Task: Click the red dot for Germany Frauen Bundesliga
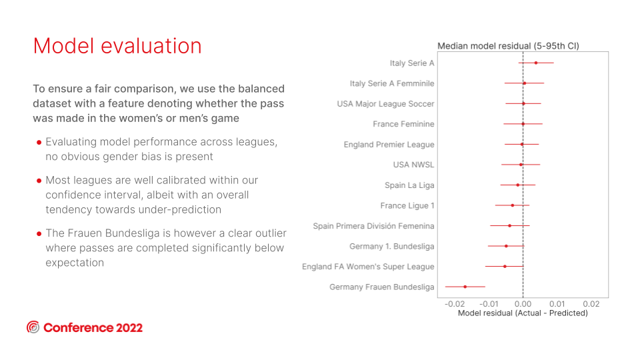click(x=465, y=287)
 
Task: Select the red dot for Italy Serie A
click(x=536, y=63)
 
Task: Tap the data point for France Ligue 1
click(x=513, y=205)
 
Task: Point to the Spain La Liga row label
click(x=409, y=185)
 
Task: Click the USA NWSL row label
click(x=413, y=165)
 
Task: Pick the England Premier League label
click(x=389, y=145)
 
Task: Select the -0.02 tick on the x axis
click(x=454, y=304)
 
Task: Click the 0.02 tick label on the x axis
click(x=591, y=304)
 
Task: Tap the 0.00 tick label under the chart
click(x=523, y=304)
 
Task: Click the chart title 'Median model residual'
click(x=508, y=46)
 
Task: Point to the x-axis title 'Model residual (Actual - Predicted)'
click(x=523, y=313)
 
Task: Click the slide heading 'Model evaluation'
click(x=117, y=46)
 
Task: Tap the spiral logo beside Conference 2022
click(x=33, y=327)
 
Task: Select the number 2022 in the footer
click(x=129, y=328)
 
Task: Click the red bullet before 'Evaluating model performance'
click(x=39, y=143)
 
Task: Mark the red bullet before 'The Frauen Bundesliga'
click(x=39, y=234)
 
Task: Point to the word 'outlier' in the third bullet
click(x=269, y=233)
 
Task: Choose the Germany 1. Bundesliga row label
click(x=392, y=247)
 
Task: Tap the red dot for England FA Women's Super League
click(x=505, y=267)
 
